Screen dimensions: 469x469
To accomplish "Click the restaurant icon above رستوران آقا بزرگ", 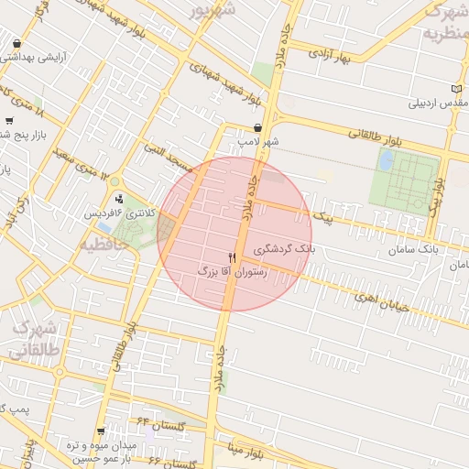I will tap(232, 257).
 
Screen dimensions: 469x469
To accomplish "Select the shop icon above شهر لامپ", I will tap(257, 128).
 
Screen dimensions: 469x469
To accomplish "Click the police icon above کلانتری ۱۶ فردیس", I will tap(119, 200).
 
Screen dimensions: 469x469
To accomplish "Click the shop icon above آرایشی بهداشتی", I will tap(17, 43).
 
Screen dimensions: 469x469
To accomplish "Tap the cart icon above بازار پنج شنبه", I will tap(9, 120).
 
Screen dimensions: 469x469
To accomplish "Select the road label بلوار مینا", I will tap(247, 451).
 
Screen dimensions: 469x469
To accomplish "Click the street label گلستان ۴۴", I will tap(160, 424).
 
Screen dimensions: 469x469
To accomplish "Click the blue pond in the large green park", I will tap(387, 160).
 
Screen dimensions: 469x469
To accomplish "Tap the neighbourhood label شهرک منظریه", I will tap(444, 23).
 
